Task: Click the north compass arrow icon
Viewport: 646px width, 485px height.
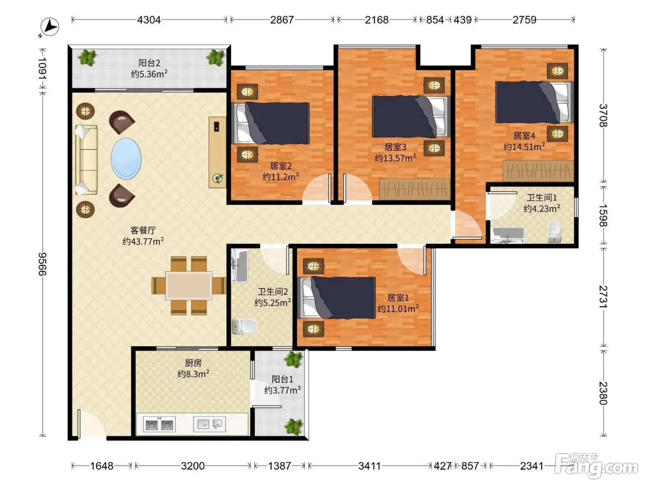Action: (49, 27)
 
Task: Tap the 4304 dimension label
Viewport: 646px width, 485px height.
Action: (149, 20)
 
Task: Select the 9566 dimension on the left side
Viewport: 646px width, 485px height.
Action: (42, 264)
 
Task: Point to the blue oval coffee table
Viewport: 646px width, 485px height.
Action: (126, 159)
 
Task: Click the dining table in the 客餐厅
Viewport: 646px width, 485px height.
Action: (189, 285)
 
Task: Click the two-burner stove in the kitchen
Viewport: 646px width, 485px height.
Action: (159, 424)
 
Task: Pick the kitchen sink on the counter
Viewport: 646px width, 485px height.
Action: (209, 424)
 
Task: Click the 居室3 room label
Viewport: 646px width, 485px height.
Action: (395, 147)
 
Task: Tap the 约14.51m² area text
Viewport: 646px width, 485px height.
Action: (524, 146)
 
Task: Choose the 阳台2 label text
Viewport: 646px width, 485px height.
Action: (149, 63)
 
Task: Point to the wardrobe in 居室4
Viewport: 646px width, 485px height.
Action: (538, 171)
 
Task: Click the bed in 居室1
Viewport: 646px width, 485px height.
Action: (336, 298)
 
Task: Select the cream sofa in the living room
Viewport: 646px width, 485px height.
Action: (86, 160)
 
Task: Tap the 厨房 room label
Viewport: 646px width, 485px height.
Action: (193, 363)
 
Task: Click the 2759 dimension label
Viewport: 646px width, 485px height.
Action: (524, 20)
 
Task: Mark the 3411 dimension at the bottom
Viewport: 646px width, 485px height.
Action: (369, 466)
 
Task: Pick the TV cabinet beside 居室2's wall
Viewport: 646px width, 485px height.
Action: (217, 152)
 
